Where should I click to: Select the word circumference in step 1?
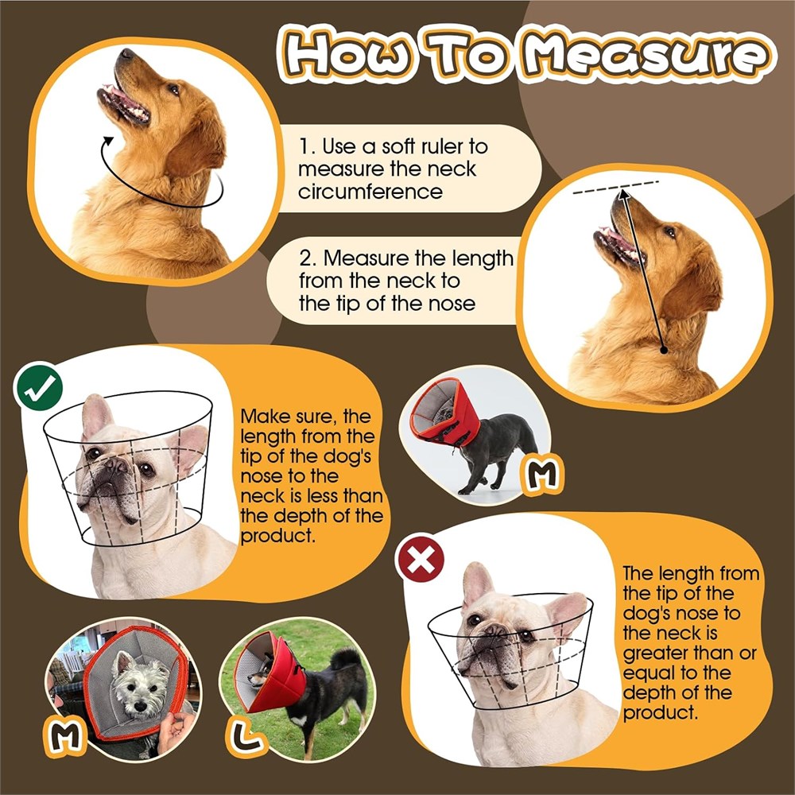click(x=370, y=192)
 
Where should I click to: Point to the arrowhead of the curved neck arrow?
click(x=107, y=142)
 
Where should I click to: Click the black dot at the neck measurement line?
click(x=663, y=350)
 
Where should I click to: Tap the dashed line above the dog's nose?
click(x=615, y=187)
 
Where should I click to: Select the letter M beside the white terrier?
click(x=65, y=734)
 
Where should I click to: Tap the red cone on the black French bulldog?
click(x=445, y=411)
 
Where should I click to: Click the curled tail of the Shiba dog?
click(x=347, y=657)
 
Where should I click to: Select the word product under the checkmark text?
click(x=277, y=536)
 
